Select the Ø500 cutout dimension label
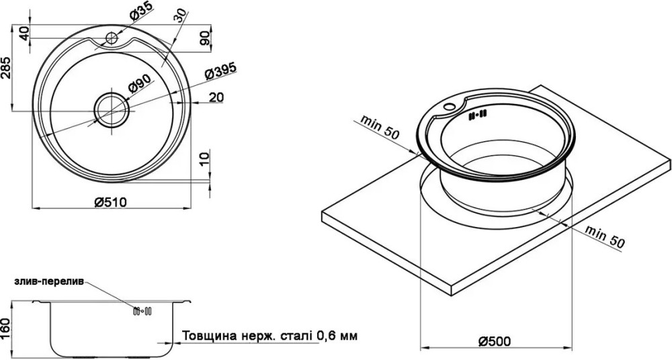[494, 341]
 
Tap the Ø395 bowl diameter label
[221, 72]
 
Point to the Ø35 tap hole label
[140, 11]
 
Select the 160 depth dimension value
[7, 326]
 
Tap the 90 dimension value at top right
[204, 38]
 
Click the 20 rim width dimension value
[216, 97]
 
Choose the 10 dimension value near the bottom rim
[205, 158]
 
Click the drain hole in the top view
[112, 109]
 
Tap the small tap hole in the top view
[112, 38]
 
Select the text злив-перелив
[49, 281]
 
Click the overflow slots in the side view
[142, 312]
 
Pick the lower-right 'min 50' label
[605, 237]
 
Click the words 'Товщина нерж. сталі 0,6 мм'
[270, 335]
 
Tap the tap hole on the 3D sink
[450, 106]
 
